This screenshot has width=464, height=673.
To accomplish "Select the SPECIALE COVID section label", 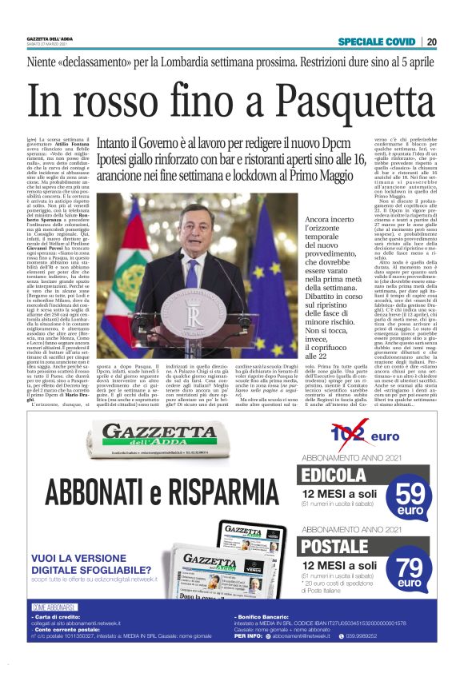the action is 377,42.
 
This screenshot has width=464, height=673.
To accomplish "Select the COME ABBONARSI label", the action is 53,630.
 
